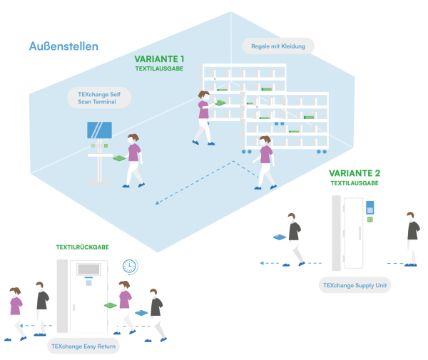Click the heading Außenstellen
[63, 46]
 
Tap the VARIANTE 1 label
[159, 59]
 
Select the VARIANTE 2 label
[354, 173]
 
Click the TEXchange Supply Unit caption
[356, 286]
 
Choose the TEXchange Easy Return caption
[84, 346]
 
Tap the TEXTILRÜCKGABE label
[83, 247]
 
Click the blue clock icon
[129, 266]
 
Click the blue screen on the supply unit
[370, 207]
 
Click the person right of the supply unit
[410, 237]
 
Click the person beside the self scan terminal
[132, 160]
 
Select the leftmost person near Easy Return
[14, 312]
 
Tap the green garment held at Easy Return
[111, 305]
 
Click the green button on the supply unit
[370, 220]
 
